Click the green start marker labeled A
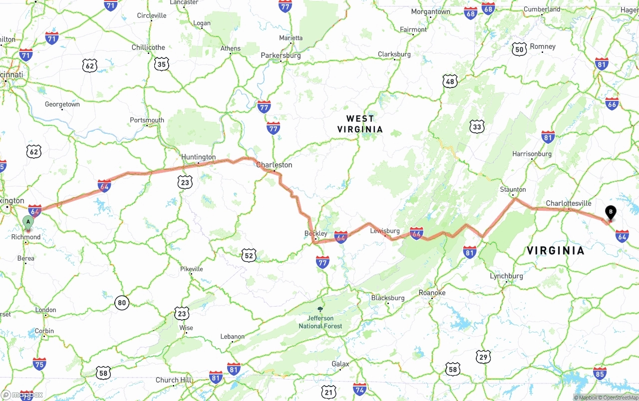click(28, 221)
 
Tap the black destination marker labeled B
click(610, 213)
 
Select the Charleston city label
click(274, 165)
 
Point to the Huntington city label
click(198, 157)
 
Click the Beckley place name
click(316, 233)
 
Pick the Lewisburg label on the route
click(385, 231)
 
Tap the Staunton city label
click(513, 189)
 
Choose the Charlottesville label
click(568, 203)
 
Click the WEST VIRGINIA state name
click(360, 124)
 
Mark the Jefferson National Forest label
click(320, 322)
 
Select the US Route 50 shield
click(519, 49)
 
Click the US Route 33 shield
click(477, 127)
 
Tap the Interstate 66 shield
click(612, 103)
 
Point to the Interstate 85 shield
click(600, 373)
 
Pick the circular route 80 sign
click(122, 303)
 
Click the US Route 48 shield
click(450, 81)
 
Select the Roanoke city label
click(432, 293)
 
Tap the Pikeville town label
click(192, 269)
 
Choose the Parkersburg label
click(281, 55)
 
